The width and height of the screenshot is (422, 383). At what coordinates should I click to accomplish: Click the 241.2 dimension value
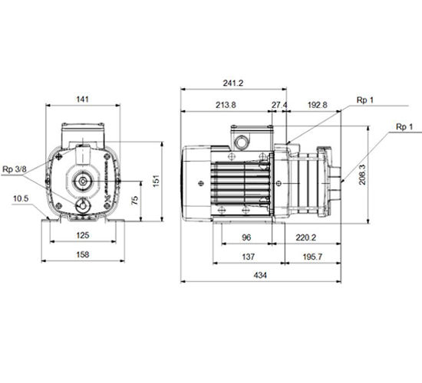[x=232, y=83]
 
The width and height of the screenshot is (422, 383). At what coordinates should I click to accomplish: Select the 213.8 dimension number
[x=226, y=105]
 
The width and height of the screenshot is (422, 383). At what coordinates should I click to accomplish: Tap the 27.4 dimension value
[x=279, y=105]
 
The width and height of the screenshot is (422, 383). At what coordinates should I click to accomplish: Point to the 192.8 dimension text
[x=318, y=105]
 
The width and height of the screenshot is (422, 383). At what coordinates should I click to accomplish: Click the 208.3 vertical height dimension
[x=362, y=175]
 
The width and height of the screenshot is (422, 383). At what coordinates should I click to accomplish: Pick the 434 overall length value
[x=260, y=275]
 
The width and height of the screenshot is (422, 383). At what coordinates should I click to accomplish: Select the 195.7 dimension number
[x=312, y=257]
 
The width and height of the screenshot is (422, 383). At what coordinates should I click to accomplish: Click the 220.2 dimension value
[x=305, y=237]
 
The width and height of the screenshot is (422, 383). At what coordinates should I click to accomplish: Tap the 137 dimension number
[x=248, y=257]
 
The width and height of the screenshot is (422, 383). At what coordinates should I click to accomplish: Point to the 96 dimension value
[x=246, y=237]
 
